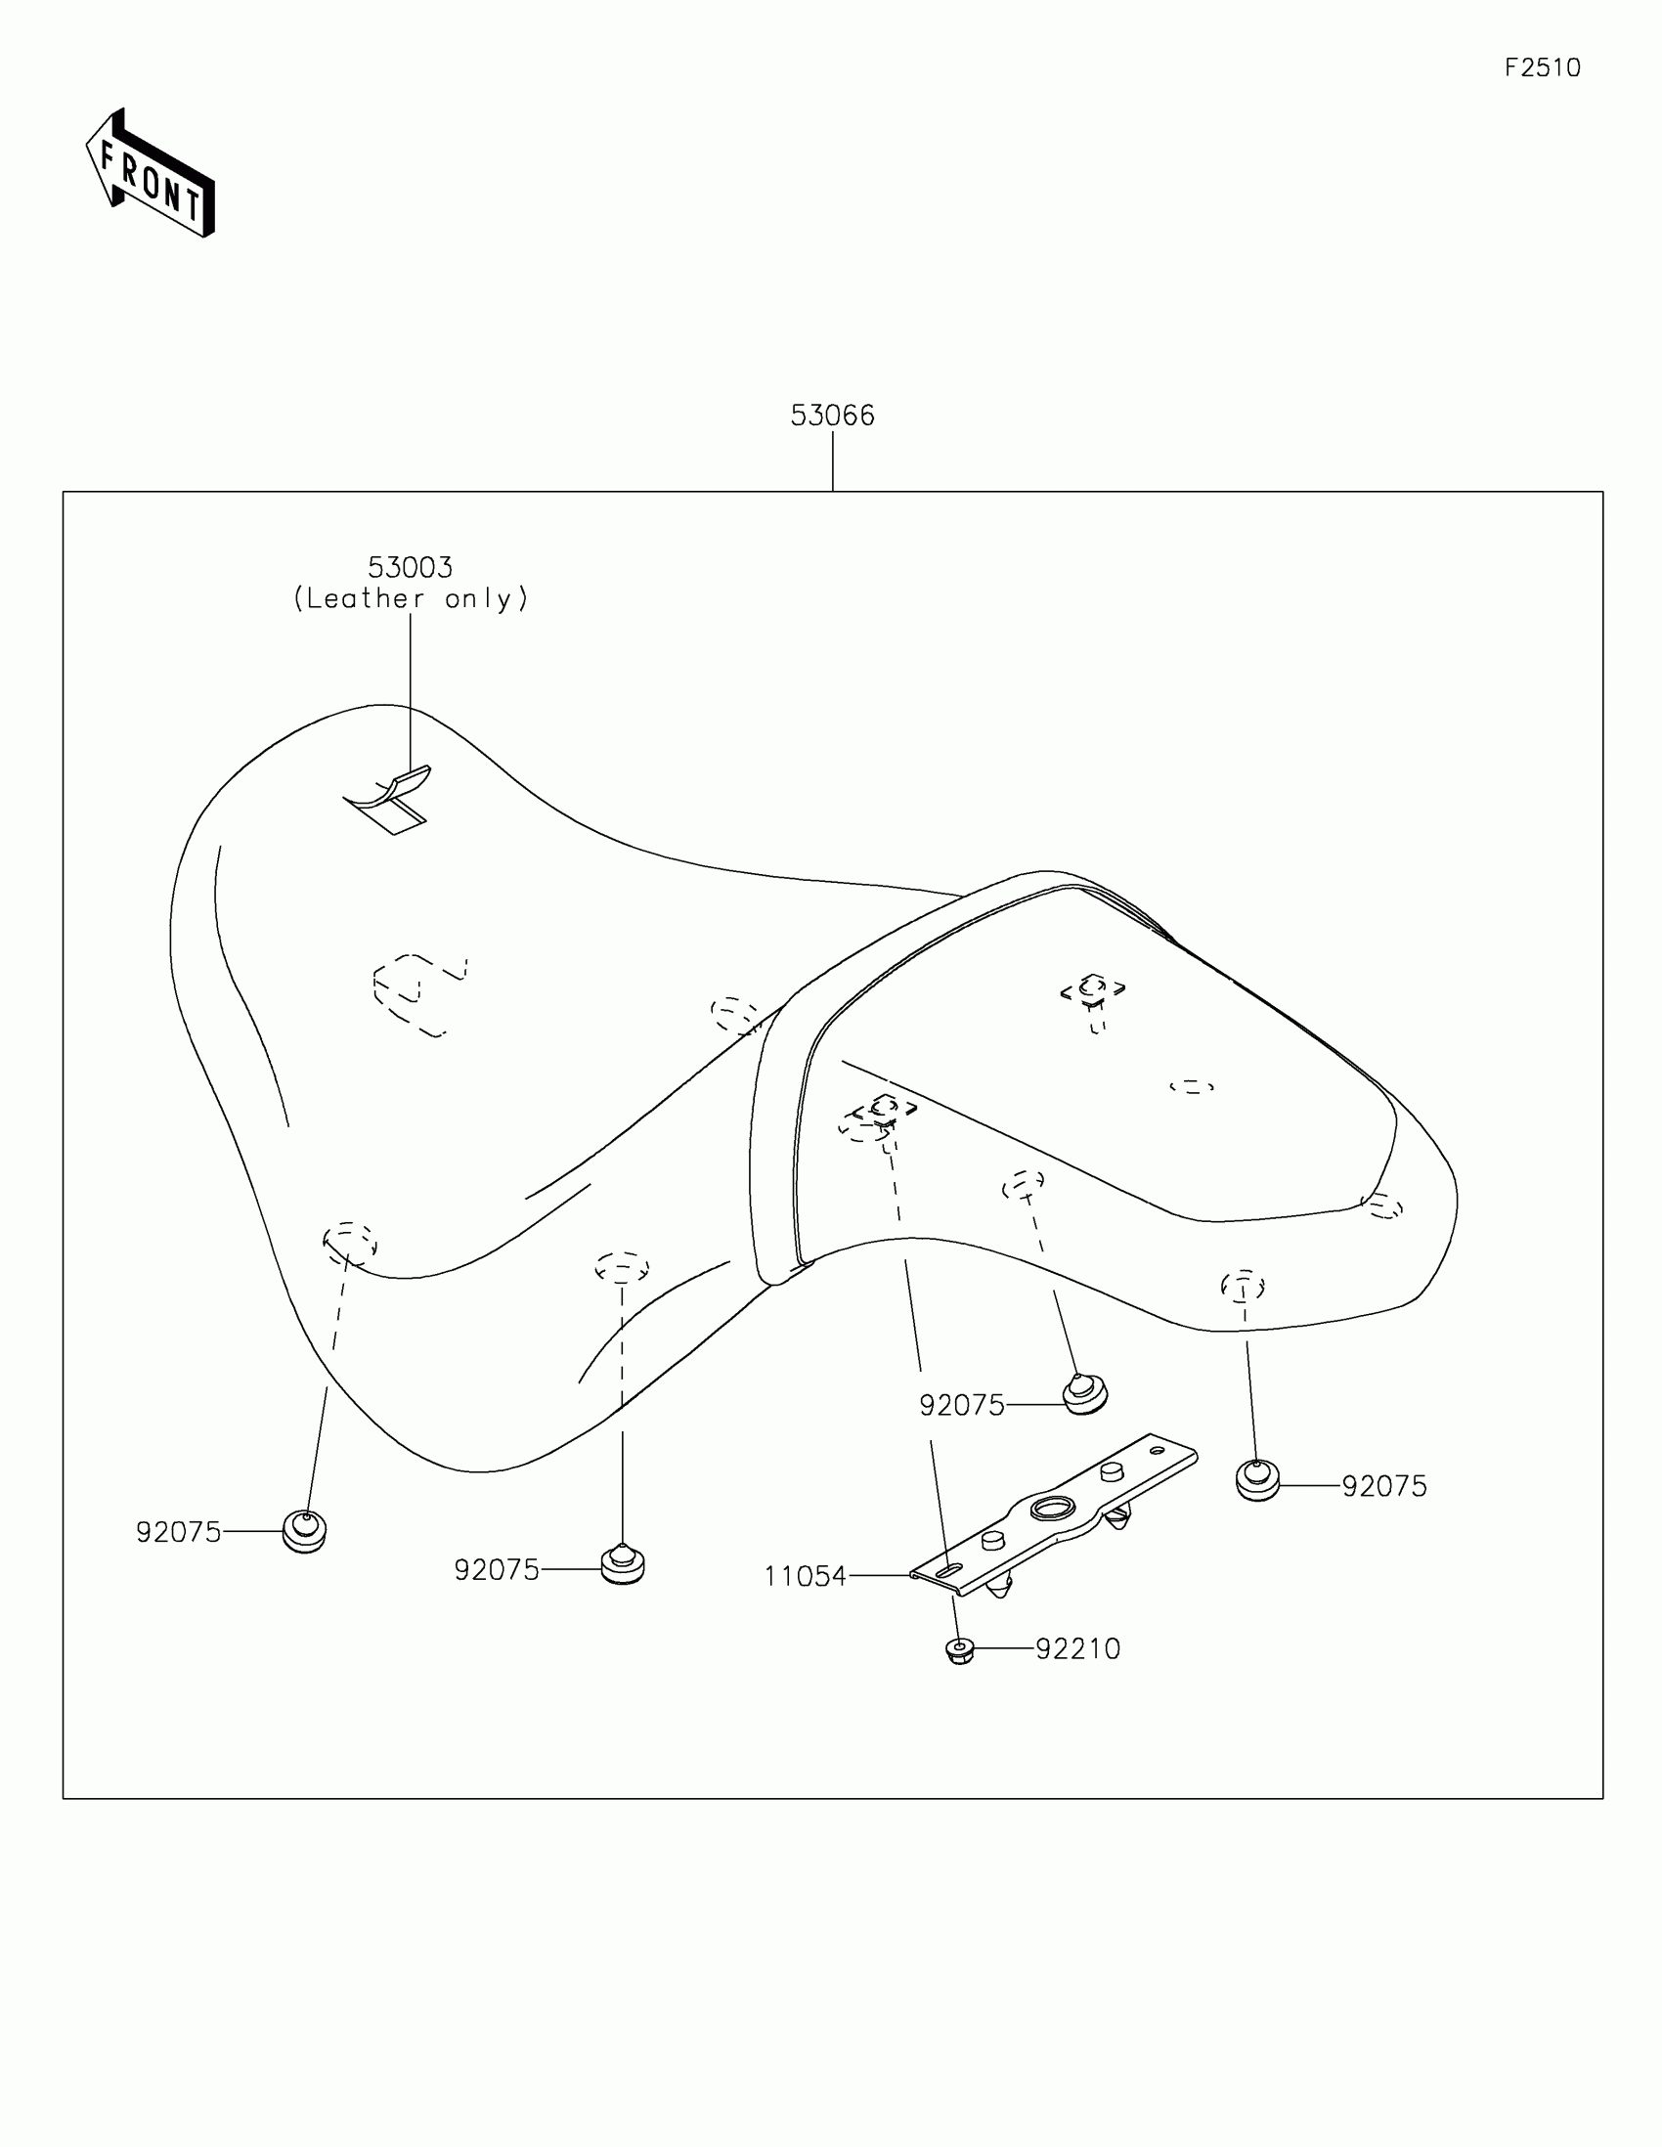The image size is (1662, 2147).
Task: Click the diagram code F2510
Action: [x=1542, y=67]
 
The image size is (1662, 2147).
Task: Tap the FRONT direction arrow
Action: [x=151, y=175]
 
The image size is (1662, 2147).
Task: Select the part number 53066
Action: [x=832, y=416]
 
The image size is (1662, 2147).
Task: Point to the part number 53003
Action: [x=410, y=567]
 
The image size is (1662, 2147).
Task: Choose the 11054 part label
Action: [x=805, y=1577]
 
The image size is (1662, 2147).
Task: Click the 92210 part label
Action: [x=1077, y=1649]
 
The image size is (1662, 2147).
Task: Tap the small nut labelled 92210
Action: [x=959, y=1650]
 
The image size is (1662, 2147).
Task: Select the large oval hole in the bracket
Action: [x=1054, y=1508]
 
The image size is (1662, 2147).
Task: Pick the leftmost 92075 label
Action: [x=178, y=1533]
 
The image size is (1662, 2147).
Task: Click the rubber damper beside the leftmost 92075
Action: [x=305, y=1532]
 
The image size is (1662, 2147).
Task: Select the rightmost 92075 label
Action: [x=1383, y=1486]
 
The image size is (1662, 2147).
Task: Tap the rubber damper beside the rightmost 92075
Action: [x=1257, y=1481]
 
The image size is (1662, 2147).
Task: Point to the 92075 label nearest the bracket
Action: [x=961, y=1406]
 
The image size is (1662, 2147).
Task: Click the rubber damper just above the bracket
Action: [x=1085, y=1394]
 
